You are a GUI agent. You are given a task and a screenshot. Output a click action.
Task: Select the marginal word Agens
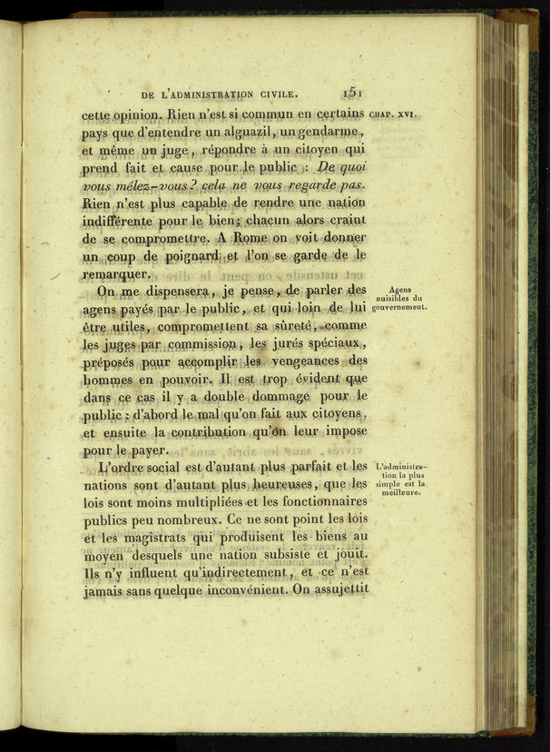coord(400,289)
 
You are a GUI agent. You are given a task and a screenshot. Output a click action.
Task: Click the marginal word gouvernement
coord(399,308)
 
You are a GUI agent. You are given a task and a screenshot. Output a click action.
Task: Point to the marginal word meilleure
coord(400,493)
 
